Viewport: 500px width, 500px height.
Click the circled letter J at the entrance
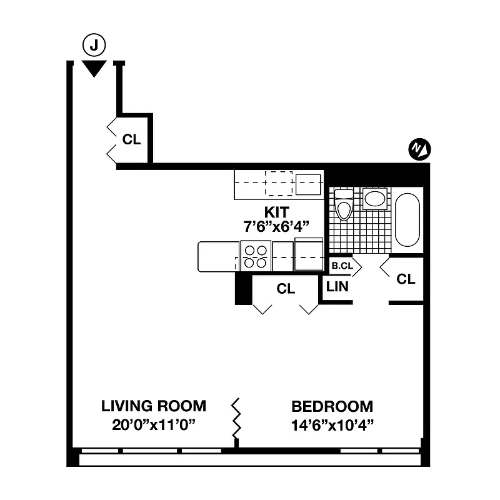tap(94, 45)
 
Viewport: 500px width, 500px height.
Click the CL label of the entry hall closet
tap(131, 139)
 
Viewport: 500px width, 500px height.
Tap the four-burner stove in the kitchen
tap(255, 256)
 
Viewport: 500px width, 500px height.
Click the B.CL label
tap(342, 266)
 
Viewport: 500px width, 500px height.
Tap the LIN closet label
tap(337, 287)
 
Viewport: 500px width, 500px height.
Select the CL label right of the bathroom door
tap(406, 279)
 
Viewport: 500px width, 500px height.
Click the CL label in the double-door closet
tap(286, 289)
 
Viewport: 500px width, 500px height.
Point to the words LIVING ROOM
tap(154, 406)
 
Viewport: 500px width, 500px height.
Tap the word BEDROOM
tap(332, 406)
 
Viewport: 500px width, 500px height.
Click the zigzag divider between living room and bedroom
tap(237, 419)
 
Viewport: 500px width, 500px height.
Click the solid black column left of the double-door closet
tap(242, 289)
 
